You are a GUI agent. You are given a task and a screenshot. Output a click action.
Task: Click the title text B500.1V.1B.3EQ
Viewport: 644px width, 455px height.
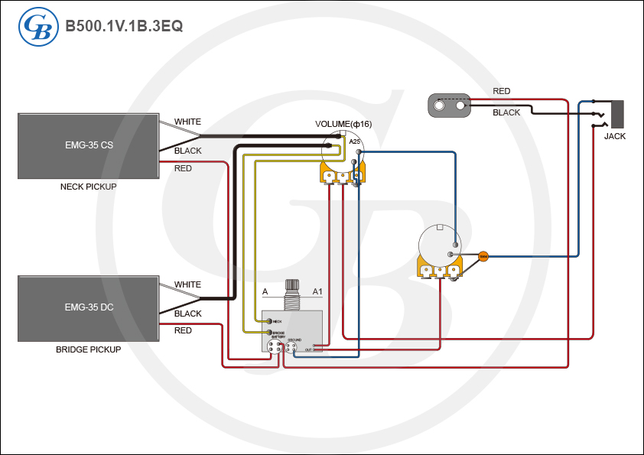[124, 26]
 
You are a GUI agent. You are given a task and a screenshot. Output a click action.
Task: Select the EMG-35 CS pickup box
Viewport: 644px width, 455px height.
[89, 146]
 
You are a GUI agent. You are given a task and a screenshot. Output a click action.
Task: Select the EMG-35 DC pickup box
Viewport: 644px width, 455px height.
[89, 308]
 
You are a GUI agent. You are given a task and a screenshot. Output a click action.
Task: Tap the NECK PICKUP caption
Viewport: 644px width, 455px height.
[88, 187]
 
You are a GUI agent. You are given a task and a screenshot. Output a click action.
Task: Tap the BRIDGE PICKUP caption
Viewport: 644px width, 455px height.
[88, 349]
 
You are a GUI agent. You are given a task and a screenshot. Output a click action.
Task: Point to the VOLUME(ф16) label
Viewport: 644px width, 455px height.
[343, 124]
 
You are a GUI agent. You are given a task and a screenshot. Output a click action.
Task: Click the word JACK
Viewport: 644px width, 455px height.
[615, 136]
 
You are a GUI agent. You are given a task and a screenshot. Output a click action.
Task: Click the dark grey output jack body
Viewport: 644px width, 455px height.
[616, 114]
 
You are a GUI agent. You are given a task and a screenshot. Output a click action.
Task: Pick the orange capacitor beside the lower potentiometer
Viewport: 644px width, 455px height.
[483, 255]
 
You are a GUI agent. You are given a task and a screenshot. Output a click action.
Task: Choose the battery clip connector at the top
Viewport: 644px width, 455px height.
[449, 106]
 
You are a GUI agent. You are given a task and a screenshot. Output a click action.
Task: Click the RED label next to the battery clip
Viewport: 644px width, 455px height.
[501, 92]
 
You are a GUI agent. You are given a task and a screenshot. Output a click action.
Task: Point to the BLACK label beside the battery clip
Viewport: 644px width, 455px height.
[506, 112]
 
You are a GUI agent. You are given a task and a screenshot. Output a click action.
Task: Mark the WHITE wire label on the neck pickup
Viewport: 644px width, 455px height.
[187, 122]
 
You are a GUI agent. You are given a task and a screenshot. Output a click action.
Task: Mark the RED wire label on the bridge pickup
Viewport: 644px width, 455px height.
[183, 330]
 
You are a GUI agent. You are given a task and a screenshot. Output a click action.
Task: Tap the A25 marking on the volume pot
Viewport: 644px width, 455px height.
[354, 141]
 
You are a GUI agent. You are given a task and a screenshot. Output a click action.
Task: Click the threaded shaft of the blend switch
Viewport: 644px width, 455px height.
[291, 294]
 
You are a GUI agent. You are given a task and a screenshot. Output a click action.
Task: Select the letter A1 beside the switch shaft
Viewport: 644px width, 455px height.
[317, 292]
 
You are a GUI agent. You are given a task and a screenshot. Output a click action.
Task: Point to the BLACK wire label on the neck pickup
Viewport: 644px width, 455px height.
[187, 151]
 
